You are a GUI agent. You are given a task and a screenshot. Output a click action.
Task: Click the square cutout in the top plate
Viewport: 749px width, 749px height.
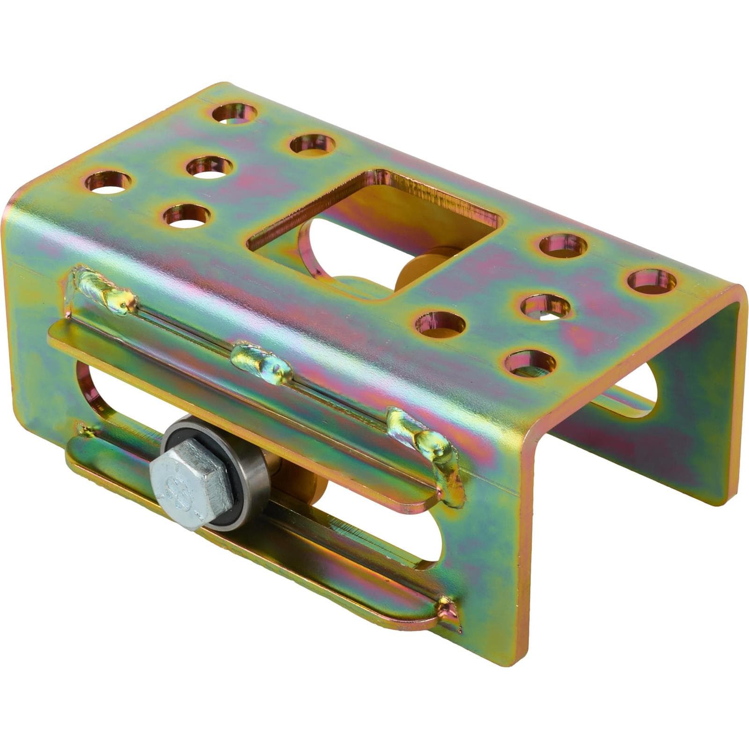click(374, 234)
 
